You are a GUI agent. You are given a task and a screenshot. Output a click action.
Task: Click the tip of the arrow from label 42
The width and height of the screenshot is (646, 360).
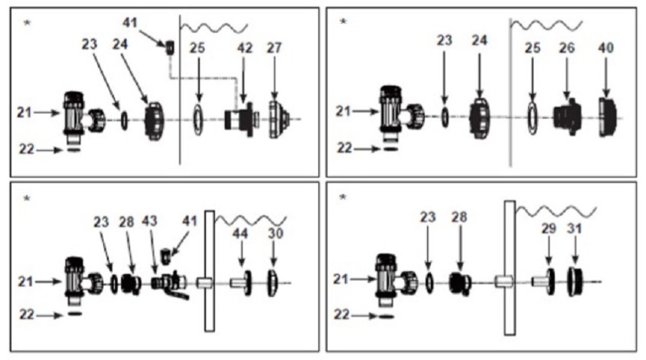coord(244,103)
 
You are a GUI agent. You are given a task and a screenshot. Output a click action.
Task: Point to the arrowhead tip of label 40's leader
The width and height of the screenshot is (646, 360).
coord(605,98)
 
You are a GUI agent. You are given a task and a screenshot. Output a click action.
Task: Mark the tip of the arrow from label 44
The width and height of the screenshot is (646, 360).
coord(241,267)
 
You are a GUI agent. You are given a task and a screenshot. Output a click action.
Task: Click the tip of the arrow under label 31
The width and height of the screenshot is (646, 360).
coord(575,264)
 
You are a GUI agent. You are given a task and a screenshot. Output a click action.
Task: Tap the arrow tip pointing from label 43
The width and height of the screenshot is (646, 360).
coord(155,273)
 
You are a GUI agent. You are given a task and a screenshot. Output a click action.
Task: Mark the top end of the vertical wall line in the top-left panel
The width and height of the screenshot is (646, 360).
coord(180,15)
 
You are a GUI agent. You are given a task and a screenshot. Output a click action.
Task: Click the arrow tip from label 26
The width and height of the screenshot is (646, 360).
coord(567,100)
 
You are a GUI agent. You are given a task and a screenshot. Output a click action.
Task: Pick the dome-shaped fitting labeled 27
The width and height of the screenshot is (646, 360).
coord(278,119)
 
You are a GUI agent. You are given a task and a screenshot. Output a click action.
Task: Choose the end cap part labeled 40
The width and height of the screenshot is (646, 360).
coord(607,117)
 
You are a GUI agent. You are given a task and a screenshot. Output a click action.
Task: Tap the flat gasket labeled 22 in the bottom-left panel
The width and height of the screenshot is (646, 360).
coord(74,314)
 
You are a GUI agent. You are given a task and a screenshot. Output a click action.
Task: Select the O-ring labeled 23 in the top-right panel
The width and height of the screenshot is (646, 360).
coord(445,118)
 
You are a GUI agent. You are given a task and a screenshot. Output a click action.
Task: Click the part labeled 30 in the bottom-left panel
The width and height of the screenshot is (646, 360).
coord(272,283)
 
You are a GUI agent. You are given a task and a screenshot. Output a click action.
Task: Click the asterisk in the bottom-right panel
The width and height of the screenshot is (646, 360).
coord(343,198)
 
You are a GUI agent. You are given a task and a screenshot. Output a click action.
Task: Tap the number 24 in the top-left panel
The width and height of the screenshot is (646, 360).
coord(120,44)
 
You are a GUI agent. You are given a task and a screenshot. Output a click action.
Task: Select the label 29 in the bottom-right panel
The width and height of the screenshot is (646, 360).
coord(548,228)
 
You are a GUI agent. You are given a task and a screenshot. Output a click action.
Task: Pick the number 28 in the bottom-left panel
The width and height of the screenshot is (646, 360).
coord(126,222)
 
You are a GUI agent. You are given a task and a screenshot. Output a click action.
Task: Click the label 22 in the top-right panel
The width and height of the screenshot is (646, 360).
coord(344,148)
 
